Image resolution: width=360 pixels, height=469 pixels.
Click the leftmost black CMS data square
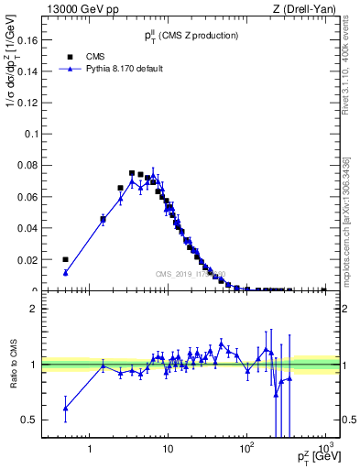click(x=65, y=259)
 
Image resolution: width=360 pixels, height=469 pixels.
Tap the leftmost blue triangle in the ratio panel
click(x=65, y=408)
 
